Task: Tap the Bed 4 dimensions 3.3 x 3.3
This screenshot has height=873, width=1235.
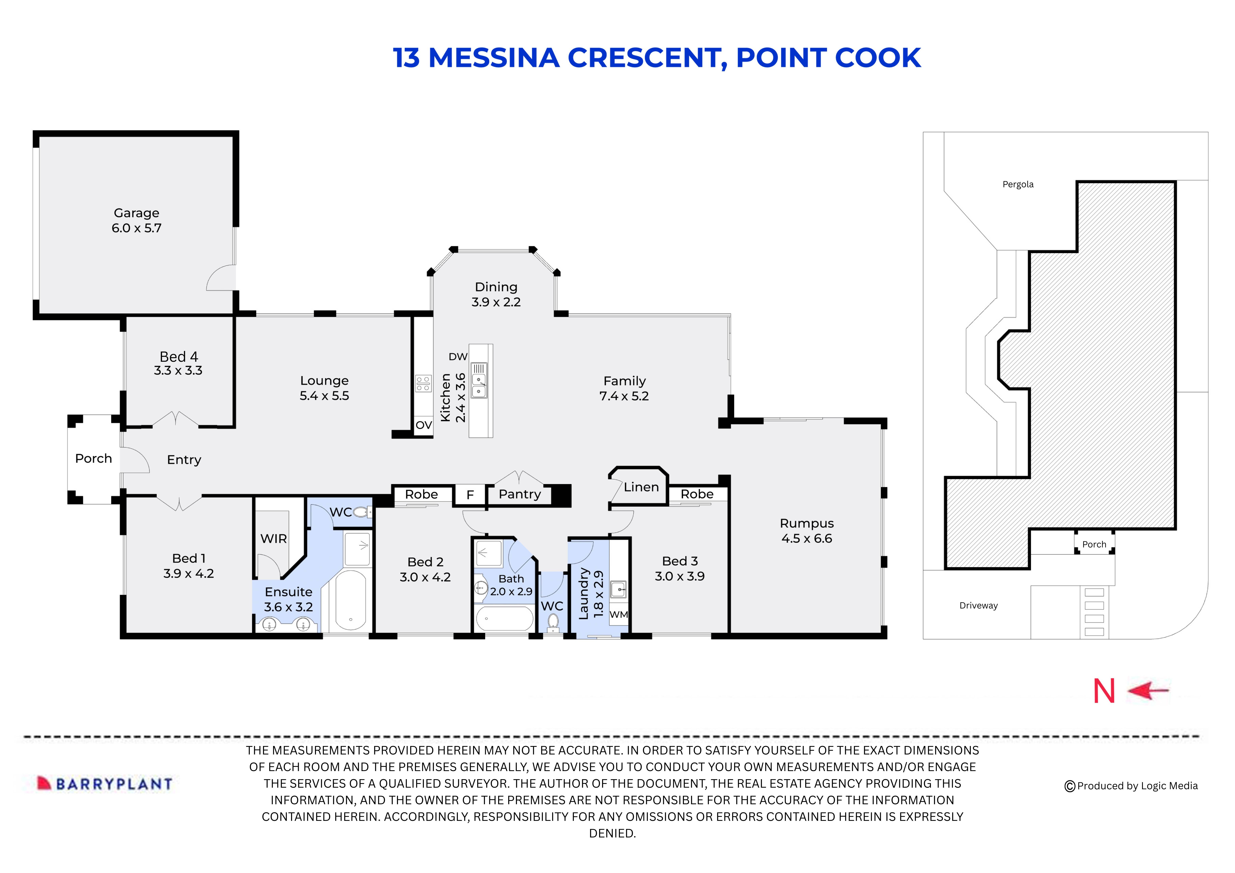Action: pyautogui.click(x=178, y=371)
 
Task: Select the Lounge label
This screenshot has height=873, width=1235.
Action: pyautogui.click(x=324, y=381)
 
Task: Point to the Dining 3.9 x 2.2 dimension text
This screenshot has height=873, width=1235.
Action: pyautogui.click(x=496, y=302)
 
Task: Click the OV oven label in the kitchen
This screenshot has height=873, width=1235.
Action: pyautogui.click(x=423, y=425)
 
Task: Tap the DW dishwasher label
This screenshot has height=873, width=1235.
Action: pyautogui.click(x=458, y=357)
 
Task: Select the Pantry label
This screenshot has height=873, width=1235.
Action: pyautogui.click(x=520, y=494)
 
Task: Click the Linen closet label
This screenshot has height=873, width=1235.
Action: pyautogui.click(x=641, y=487)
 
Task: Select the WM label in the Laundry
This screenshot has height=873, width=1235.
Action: pyautogui.click(x=618, y=614)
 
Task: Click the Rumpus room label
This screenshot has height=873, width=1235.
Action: pyautogui.click(x=806, y=523)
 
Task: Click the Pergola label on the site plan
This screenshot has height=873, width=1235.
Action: pyautogui.click(x=1018, y=185)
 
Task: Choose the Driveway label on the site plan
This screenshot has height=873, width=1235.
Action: pyautogui.click(x=979, y=606)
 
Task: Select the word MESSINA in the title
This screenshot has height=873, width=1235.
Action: pyautogui.click(x=494, y=58)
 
